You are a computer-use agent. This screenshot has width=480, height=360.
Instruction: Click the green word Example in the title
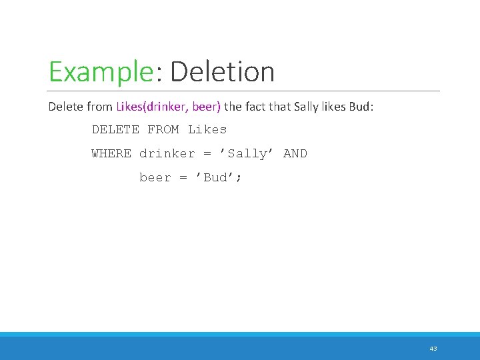click(x=101, y=72)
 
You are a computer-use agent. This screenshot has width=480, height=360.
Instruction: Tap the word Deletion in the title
click(x=222, y=72)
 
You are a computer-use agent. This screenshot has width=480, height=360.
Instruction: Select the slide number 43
click(x=433, y=349)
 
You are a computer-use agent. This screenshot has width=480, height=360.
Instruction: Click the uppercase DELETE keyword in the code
click(x=115, y=129)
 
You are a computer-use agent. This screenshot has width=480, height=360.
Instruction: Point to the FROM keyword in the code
click(x=163, y=129)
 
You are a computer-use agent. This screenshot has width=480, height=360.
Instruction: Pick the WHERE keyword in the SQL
click(x=111, y=153)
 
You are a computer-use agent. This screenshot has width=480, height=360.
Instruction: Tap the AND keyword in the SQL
click(x=295, y=153)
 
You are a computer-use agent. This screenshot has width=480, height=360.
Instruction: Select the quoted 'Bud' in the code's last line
click(x=215, y=177)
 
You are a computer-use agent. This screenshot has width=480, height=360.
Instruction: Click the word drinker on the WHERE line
click(x=167, y=153)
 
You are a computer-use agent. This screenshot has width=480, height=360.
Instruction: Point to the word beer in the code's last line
click(x=155, y=177)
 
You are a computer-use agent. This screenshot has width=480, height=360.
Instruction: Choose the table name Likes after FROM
click(x=207, y=129)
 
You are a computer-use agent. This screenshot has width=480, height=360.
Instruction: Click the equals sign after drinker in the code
click(x=207, y=154)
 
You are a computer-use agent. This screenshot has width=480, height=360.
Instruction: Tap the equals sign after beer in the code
click(x=183, y=178)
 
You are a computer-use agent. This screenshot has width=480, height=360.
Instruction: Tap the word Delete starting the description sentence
click(x=64, y=107)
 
